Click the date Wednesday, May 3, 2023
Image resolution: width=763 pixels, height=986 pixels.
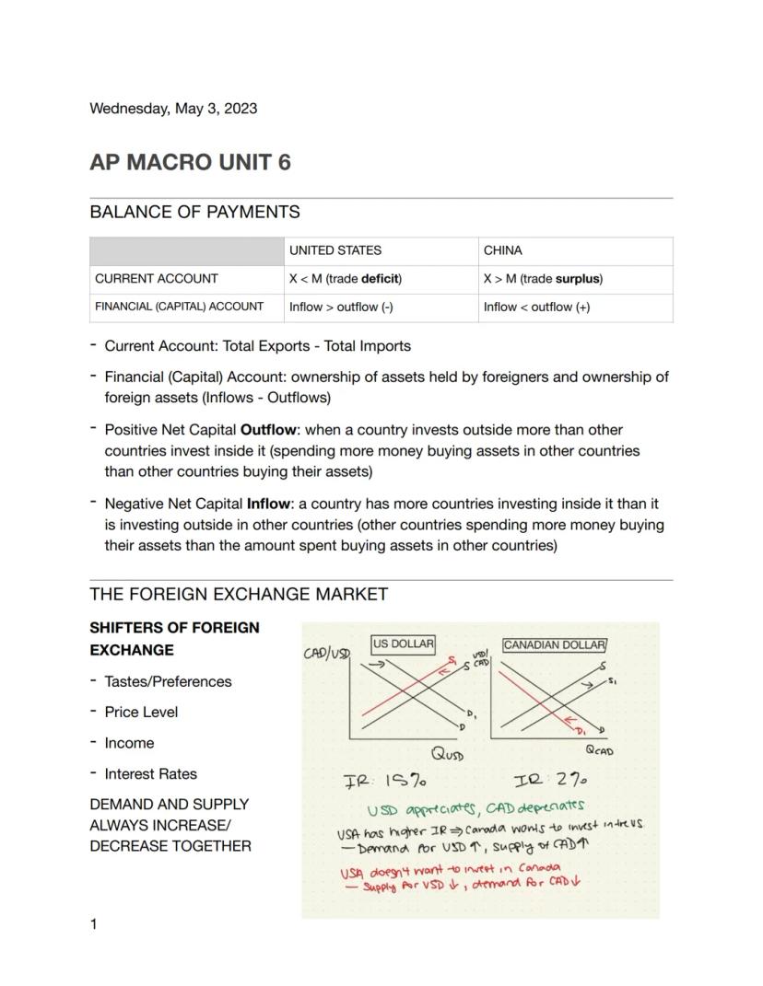(173, 109)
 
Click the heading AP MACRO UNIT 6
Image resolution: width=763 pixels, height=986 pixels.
(190, 162)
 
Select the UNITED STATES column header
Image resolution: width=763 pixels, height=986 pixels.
(335, 250)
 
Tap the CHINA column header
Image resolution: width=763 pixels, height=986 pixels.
(502, 250)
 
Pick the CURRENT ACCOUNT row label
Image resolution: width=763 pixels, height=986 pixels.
(156, 279)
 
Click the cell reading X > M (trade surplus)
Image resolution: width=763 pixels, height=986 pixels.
(543, 279)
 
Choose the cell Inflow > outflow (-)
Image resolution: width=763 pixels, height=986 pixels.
(341, 307)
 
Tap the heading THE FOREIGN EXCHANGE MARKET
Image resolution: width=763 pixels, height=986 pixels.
(238, 595)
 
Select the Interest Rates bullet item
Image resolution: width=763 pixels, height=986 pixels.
(150, 774)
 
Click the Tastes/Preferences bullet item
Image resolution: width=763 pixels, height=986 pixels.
(168, 682)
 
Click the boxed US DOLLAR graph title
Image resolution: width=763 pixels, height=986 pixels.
(403, 644)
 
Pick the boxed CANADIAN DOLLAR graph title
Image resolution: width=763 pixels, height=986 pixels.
(554, 645)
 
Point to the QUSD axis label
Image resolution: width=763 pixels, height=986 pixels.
(448, 754)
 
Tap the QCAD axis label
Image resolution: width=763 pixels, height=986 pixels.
(599, 751)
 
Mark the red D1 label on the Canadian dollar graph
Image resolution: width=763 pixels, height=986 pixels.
(582, 731)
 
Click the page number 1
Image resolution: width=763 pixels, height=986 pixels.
(94, 924)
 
